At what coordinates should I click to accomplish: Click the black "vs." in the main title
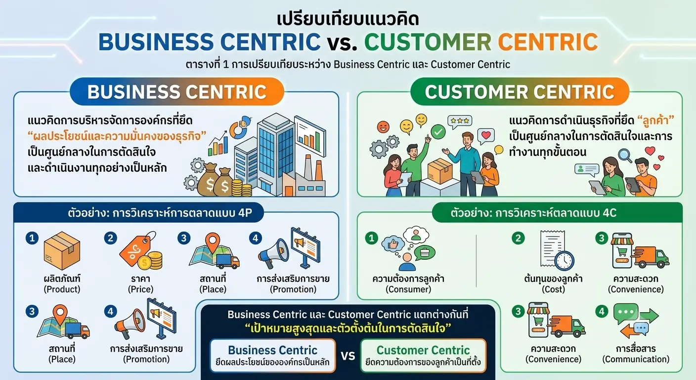(x=342, y=42)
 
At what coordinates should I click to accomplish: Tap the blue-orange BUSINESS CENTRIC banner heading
(x=177, y=92)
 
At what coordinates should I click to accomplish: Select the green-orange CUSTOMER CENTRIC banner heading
(x=520, y=92)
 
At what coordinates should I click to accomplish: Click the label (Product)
(x=62, y=289)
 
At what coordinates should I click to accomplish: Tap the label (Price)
(x=141, y=289)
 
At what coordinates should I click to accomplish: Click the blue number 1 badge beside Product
(x=32, y=238)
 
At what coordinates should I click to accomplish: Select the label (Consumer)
(x=408, y=289)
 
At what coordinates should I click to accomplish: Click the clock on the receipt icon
(x=565, y=261)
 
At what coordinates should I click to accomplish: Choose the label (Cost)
(x=553, y=289)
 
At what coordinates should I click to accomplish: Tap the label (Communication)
(x=636, y=359)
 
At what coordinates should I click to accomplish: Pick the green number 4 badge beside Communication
(x=602, y=311)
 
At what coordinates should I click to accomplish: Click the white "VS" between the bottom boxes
(x=348, y=355)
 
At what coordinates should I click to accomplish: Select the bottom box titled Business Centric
(x=273, y=355)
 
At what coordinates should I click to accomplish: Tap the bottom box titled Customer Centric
(x=423, y=355)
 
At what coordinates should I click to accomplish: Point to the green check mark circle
(x=438, y=132)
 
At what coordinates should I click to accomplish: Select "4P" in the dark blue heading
(x=245, y=213)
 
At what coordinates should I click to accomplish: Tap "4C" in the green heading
(x=609, y=213)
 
